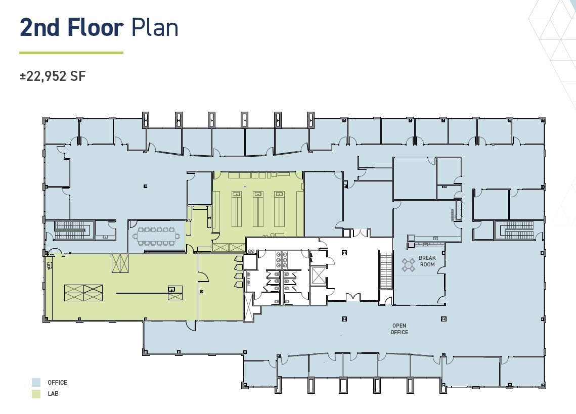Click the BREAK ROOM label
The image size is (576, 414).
pos(427,261)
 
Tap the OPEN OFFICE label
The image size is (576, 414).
pos(400,329)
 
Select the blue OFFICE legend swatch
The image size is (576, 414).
pos(36,383)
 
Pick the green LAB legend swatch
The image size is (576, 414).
pos(36,394)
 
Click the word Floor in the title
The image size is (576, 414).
pos(96,27)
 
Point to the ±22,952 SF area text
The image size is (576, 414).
pos(53,76)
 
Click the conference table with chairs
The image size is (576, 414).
pos(156,236)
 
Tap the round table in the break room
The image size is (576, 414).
pos(409,265)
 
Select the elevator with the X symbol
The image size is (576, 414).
pos(318,275)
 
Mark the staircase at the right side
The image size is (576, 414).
pos(517,230)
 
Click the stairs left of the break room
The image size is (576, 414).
pos(386,270)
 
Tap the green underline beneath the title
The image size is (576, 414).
pos(71,53)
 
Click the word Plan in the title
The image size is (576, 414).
pos(155,27)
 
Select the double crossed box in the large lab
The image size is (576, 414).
pos(83,293)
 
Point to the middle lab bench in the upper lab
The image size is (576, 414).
pos(258,209)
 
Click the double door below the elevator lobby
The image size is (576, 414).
pos(351,297)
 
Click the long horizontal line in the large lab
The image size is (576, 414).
pos(143,293)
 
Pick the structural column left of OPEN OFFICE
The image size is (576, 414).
pos(344,319)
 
